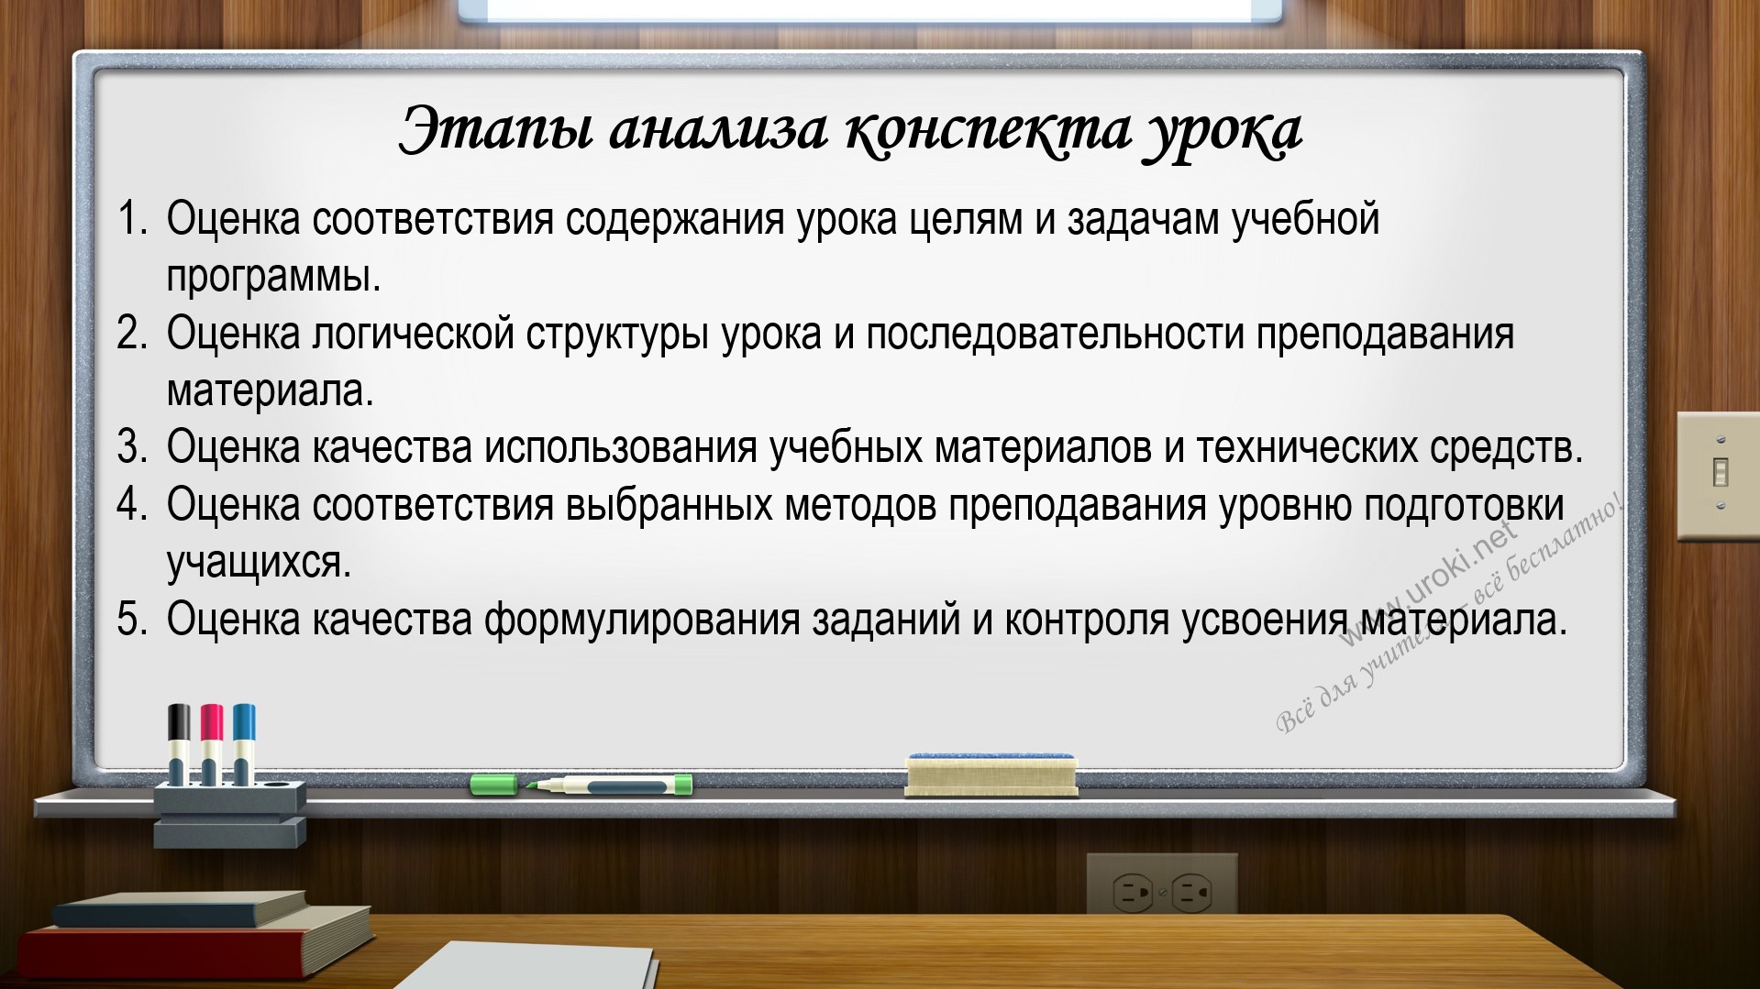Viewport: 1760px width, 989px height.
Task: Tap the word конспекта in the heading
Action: click(x=988, y=130)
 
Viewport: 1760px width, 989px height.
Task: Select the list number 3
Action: click(x=132, y=448)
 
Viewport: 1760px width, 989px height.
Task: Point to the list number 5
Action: click(x=132, y=620)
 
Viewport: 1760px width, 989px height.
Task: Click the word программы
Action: click(x=273, y=277)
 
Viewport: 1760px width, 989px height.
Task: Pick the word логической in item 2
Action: click(x=413, y=335)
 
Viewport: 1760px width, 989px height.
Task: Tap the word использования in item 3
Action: click(x=621, y=448)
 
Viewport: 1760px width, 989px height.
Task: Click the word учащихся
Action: click(x=259, y=563)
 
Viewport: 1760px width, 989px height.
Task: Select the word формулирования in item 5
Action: click(x=642, y=621)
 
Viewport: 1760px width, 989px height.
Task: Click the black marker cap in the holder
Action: click(x=179, y=722)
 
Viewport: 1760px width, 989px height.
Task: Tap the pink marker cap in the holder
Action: click(x=212, y=722)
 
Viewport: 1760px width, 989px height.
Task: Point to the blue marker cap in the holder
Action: click(x=244, y=722)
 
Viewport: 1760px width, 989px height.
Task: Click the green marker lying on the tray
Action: click(x=581, y=785)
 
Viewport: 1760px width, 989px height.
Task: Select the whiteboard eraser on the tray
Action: click(x=991, y=775)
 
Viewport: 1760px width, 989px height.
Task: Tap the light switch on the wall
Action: click(x=1719, y=476)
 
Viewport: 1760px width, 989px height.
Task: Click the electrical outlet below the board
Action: click(x=1162, y=887)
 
